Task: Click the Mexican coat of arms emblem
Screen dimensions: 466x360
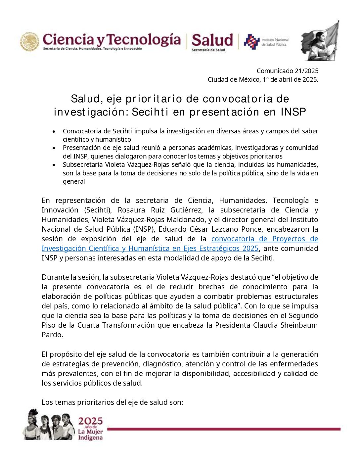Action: pyautogui.click(x=29, y=42)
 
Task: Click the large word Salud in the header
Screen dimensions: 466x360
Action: pyautogui.click(x=212, y=40)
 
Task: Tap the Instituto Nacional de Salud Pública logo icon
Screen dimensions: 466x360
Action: pyautogui.click(x=251, y=42)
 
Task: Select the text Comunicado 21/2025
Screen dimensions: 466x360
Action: pyautogui.click(x=287, y=71)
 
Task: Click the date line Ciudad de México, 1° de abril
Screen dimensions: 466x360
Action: pyautogui.click(x=263, y=79)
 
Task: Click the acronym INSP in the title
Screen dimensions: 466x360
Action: pyautogui.click(x=293, y=112)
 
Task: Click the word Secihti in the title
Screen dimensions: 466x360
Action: pyautogui.click(x=150, y=112)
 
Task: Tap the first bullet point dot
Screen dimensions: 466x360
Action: pyautogui.click(x=54, y=131)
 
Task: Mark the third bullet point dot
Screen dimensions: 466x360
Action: pyautogui.click(x=54, y=165)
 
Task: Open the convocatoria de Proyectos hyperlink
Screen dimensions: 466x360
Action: pyautogui.click(x=264, y=239)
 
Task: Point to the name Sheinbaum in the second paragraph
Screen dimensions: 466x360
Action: pyautogui.click(x=299, y=325)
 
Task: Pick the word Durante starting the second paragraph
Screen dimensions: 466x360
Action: pyautogui.click(x=54, y=277)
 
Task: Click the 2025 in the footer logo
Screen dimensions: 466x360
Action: pyautogui.click(x=90, y=421)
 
